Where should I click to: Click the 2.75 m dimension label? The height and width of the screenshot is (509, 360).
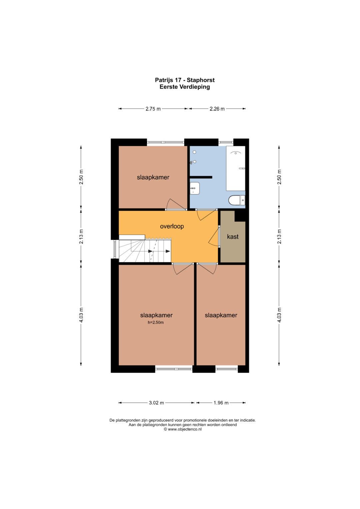pos(153,109)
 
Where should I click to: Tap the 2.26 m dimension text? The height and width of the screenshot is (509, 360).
pos(217,109)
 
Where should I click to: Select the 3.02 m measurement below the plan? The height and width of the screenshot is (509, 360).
pos(156,403)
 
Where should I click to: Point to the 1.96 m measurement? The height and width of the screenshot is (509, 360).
pos(221,403)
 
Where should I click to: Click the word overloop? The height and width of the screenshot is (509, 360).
pos(172,226)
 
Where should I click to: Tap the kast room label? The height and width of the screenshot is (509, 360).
pos(233,237)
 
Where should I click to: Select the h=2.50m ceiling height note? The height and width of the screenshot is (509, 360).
pos(156,322)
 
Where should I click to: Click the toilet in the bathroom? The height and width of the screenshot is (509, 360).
pos(237,201)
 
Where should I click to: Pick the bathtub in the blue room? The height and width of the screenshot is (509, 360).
pos(235,168)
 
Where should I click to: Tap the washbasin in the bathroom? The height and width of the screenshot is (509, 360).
pos(195,188)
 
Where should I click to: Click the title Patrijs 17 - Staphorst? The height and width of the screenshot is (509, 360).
pos(185,80)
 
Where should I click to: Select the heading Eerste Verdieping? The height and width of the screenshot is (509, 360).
pos(185,87)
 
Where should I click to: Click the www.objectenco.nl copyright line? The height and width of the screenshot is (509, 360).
pos(183,429)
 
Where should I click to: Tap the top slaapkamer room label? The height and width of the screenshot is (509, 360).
pos(153,177)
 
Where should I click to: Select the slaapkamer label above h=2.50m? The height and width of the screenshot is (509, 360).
pos(156,315)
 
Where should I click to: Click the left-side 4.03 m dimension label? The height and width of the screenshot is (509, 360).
pos(81,315)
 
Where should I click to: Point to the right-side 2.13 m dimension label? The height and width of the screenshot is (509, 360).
pos(279,236)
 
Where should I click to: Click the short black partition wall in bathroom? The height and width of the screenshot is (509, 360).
pos(201,177)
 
